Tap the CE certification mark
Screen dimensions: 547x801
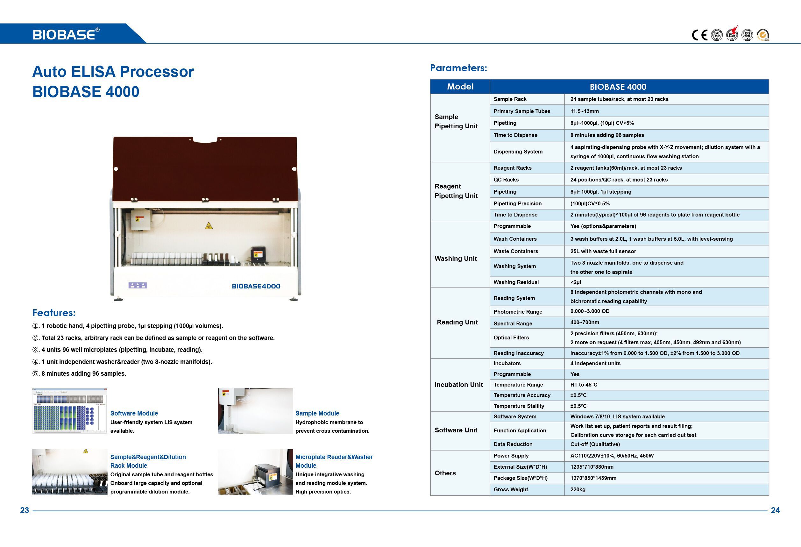click(x=699, y=35)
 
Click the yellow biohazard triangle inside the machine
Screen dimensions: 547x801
click(x=209, y=226)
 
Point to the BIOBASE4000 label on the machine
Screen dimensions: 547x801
click(x=256, y=286)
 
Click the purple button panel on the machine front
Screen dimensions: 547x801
click(x=138, y=285)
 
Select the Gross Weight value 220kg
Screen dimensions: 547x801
click(x=578, y=489)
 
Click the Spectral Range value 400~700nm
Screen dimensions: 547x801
click(x=585, y=323)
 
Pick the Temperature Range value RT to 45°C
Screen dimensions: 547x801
click(x=584, y=385)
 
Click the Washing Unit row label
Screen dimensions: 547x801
click(x=455, y=259)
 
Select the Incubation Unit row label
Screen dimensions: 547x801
click(x=458, y=385)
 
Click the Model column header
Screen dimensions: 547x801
click(x=460, y=87)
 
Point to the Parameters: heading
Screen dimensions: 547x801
click(x=458, y=68)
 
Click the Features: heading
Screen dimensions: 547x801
click(x=54, y=313)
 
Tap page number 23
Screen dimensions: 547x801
click(x=25, y=510)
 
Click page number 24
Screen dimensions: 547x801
click(x=775, y=510)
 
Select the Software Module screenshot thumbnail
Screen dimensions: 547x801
click(x=70, y=411)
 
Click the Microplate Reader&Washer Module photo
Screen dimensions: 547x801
click(x=255, y=472)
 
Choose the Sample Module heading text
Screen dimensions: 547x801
click(x=317, y=413)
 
